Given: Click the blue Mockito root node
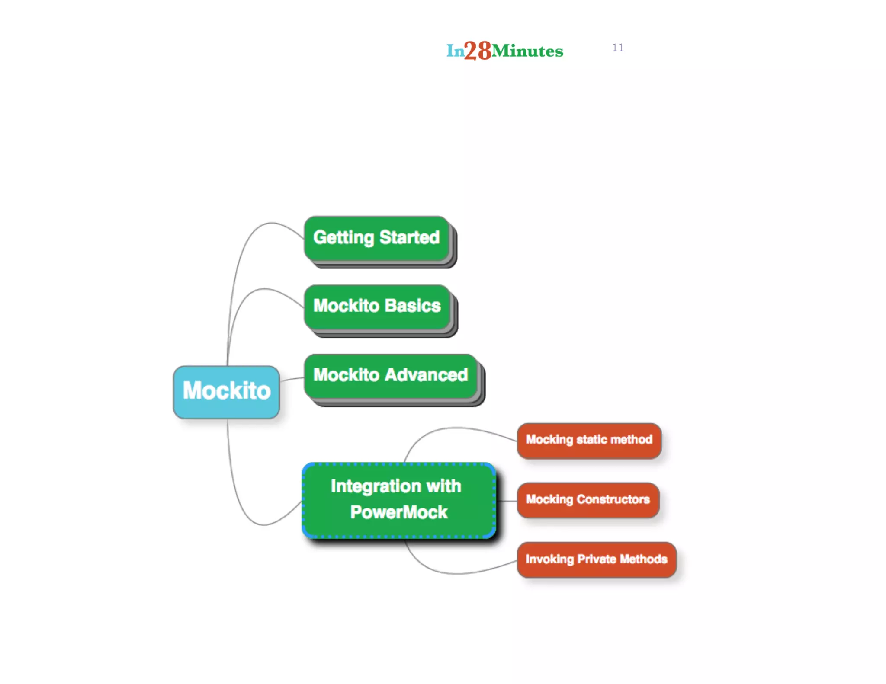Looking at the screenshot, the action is [226, 392].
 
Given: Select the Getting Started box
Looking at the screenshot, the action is [376, 238].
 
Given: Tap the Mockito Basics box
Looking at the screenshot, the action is [377, 307].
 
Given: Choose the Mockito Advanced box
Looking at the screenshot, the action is [390, 375].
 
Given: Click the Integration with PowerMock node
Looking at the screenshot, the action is [398, 500].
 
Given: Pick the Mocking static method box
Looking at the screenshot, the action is [589, 440].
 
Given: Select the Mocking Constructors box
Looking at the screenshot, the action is [588, 500].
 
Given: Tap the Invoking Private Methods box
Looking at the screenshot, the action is [596, 559].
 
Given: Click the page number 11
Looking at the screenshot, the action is [618, 48].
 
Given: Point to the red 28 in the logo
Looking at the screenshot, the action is [478, 51].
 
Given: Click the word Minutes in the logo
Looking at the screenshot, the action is [527, 51].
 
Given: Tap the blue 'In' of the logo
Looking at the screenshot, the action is [455, 51].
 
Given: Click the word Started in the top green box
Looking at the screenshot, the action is [409, 238].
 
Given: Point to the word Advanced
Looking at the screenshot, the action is [427, 375].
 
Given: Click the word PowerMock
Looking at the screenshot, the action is [398, 513].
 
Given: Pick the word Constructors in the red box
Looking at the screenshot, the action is [613, 500].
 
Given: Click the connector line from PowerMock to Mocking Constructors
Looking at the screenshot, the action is [506, 501].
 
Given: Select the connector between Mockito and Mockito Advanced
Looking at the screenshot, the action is [292, 379].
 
